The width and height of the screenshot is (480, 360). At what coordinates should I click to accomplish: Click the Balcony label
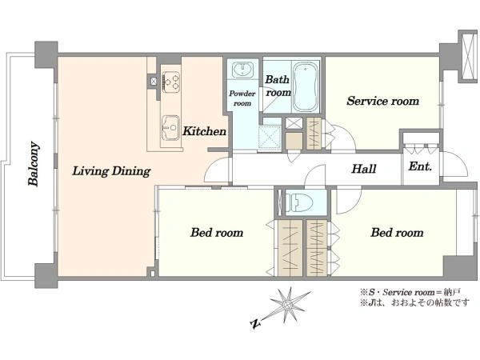point(34,164)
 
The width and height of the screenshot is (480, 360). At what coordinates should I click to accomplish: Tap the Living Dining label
point(111,171)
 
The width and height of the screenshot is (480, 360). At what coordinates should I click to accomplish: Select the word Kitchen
point(204,131)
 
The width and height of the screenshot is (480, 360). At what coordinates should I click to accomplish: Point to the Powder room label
point(242,98)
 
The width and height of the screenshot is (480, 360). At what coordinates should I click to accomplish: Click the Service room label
point(383,101)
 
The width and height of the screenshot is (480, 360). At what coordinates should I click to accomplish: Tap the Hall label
point(364,169)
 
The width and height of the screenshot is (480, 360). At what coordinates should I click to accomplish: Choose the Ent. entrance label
point(420,166)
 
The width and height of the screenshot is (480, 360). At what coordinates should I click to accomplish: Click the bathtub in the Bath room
point(306,87)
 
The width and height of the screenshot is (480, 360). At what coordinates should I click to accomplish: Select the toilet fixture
point(298,202)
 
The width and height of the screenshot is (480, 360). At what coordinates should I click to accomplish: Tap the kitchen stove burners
point(171,82)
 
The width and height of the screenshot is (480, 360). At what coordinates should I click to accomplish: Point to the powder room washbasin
point(242,70)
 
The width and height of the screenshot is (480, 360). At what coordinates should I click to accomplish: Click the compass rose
point(288,306)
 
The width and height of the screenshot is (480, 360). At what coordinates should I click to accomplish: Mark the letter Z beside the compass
point(255,323)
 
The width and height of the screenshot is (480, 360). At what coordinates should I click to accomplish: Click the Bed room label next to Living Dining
point(217,233)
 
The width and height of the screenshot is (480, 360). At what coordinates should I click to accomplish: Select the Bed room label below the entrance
point(397,233)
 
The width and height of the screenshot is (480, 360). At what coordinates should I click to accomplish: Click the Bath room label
point(278,86)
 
